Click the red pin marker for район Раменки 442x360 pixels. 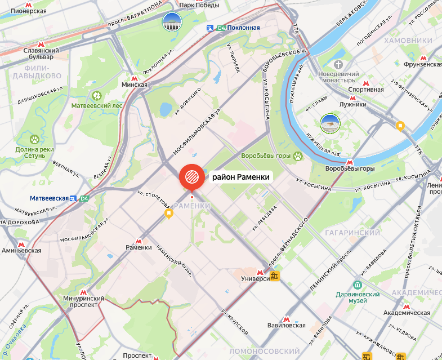[x=191, y=177]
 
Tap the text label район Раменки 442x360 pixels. [x=241, y=177]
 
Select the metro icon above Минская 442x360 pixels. [x=134, y=78]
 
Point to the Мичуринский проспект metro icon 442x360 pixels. [x=83, y=292]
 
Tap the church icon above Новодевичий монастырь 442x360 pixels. [x=339, y=65]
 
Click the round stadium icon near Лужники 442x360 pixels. [x=329, y=123]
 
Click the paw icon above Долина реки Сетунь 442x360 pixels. [x=34, y=138]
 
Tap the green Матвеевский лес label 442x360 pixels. [x=97, y=105]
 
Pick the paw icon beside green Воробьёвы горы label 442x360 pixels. [x=296, y=155]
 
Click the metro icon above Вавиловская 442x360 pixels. [x=287, y=318]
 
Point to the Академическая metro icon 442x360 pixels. [x=406, y=306]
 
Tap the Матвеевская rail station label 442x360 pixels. [x=50, y=198]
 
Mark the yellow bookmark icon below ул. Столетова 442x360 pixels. [x=168, y=214]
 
